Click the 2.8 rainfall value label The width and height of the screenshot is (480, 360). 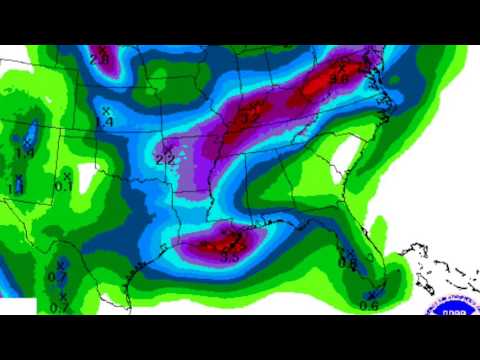click(99, 61)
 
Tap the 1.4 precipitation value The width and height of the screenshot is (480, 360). click(104, 122)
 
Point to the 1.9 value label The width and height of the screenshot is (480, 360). click(25, 153)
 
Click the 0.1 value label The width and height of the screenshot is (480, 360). click(62, 186)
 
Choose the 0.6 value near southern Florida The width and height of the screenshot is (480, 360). click(369, 306)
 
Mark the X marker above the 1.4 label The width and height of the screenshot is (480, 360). click(107, 110)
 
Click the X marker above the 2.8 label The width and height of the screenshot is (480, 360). click(102, 49)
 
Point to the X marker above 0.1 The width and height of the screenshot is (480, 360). click(67, 176)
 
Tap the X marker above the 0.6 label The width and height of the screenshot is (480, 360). click(373, 294)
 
